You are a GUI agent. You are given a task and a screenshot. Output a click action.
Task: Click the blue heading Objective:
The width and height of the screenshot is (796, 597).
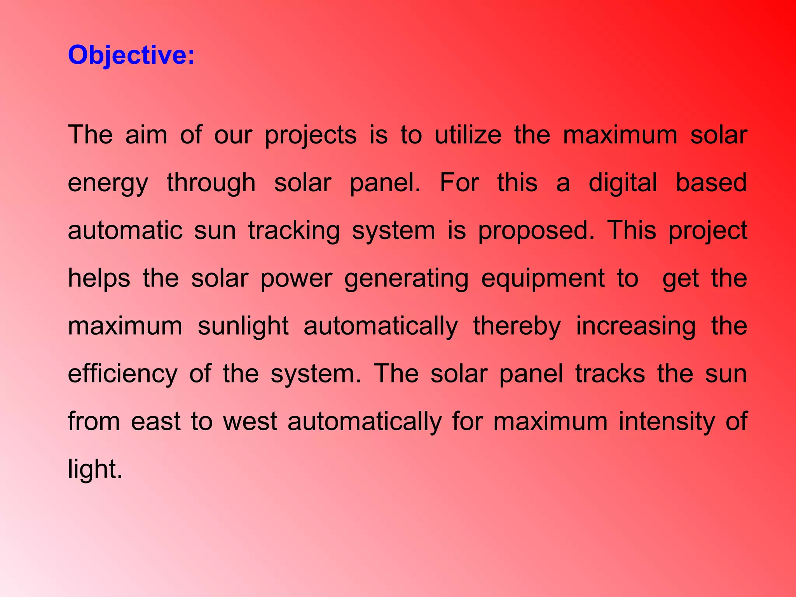coord(131,55)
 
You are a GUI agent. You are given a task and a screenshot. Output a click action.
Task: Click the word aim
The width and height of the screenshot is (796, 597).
coord(146,135)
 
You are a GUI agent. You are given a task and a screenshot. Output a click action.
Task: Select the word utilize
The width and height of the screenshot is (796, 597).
coord(468,135)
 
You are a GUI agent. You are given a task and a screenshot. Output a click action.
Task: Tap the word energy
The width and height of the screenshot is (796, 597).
coord(108,183)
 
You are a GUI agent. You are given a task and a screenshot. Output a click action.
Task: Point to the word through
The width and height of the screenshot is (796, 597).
coord(211,183)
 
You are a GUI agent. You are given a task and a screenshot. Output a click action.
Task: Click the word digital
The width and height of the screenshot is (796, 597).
coord(623,183)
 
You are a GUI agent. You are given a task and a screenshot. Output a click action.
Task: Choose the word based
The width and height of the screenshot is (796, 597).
coord(711,183)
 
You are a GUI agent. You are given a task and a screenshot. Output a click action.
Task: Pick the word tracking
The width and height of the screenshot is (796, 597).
coord(294,231)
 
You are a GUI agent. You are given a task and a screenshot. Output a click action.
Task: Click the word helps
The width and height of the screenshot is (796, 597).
coord(99,279)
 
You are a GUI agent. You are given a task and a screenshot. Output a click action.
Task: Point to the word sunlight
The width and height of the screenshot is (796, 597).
coord(243,326)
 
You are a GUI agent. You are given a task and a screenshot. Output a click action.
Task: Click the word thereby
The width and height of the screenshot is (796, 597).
coord(517,326)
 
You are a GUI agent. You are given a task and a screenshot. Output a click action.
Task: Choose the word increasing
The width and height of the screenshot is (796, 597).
coord(635,326)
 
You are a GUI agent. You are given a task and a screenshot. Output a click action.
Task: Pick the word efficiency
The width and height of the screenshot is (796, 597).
coord(122,374)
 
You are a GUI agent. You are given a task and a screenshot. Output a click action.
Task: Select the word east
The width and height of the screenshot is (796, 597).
coord(155,422)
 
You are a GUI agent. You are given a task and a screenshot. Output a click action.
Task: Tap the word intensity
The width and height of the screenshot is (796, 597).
coord(667,422)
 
